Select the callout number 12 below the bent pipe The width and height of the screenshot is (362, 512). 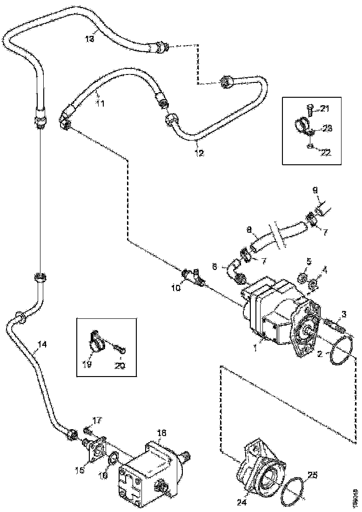(199, 152)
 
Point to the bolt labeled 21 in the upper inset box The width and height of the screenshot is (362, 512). (310, 108)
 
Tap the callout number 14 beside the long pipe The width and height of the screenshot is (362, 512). (42, 345)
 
